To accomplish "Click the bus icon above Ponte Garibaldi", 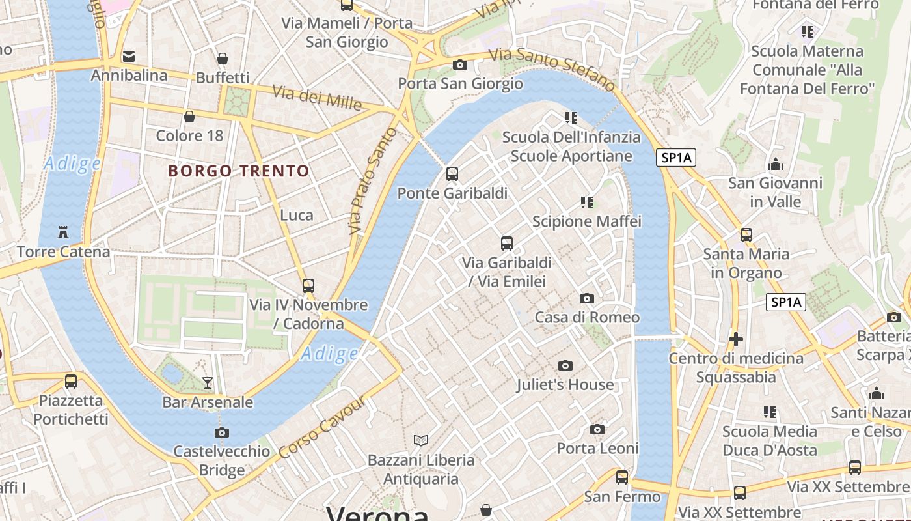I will pos(452,174).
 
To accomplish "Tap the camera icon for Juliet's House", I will pos(565,365).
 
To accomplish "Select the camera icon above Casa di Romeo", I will pos(587,298).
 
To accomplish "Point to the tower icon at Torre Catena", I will pos(63,232).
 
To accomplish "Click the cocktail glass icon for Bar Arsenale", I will pos(208,382).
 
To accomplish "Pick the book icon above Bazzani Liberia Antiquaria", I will pos(421,440).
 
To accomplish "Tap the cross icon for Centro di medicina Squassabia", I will pos(736,339).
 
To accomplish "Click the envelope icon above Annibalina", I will pos(129,57).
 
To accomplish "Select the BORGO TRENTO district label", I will pos(239,171).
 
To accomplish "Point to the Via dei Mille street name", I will pos(317,98).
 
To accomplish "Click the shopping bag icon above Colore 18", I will pos(189,117).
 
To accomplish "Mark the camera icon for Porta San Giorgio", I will pos(460,64).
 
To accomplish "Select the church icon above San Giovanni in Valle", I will pos(775,163).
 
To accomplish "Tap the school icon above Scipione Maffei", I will pos(587,203).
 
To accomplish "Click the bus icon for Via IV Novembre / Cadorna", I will pos(308,285).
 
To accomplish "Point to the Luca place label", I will pos(296,215).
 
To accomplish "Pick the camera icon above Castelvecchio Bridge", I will pos(222,432).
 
